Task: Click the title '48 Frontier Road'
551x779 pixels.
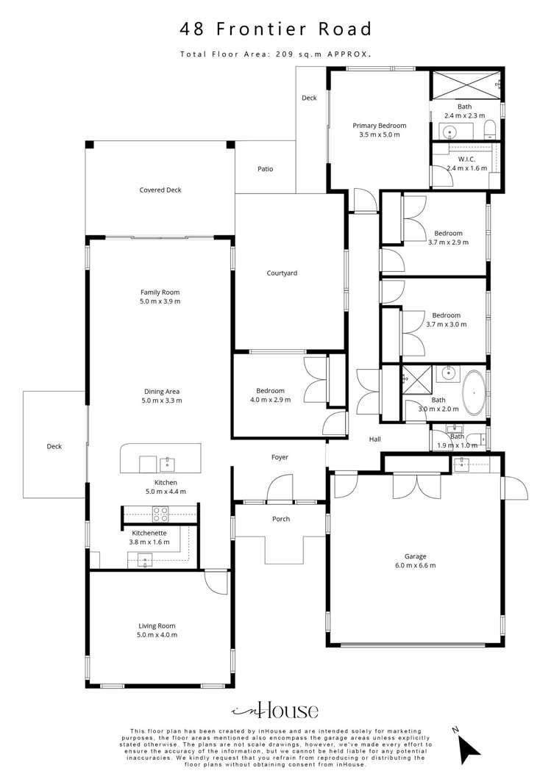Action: tap(276, 29)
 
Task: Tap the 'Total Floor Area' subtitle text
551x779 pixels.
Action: tap(276, 54)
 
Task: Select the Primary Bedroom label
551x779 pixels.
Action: tap(379, 126)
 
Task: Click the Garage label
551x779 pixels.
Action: tap(415, 556)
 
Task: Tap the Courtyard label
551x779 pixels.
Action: tap(282, 273)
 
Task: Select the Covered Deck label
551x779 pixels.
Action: tap(160, 190)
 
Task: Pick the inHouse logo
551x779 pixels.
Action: tap(275, 710)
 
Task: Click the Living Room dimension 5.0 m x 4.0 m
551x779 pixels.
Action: tap(158, 635)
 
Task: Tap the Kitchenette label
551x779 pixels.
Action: tap(149, 533)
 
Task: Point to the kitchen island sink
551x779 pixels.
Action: tap(168, 463)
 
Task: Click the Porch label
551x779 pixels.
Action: tap(281, 519)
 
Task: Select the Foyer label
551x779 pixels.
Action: tap(280, 457)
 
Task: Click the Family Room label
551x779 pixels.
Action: tap(160, 292)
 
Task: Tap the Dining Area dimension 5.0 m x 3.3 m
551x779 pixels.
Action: tap(160, 401)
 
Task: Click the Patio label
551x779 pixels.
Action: tap(266, 169)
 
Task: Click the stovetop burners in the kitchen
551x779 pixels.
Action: tap(161, 512)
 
